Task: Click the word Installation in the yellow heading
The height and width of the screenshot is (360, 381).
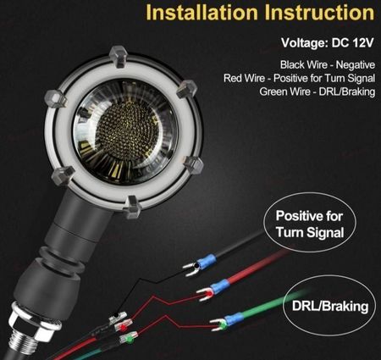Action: click(202, 13)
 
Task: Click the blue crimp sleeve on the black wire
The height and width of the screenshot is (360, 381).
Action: click(207, 261)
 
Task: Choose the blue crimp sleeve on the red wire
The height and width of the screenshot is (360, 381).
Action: click(219, 286)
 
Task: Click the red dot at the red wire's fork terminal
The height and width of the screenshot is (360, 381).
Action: click(209, 295)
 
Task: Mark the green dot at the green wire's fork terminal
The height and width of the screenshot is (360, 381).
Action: click(223, 326)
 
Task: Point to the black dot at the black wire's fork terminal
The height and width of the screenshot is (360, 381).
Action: click(196, 266)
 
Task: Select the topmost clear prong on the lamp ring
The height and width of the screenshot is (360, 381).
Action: click(118, 57)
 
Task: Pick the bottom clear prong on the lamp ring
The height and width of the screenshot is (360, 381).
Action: click(132, 207)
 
